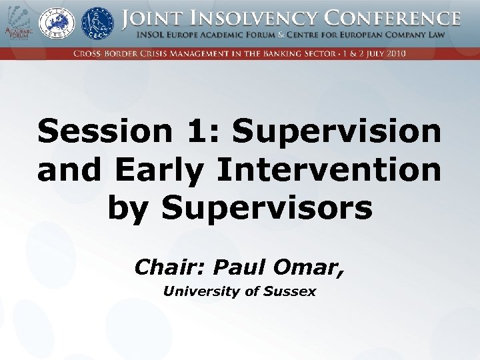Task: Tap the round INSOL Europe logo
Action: tap(57, 24)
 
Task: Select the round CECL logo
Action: tap(97, 23)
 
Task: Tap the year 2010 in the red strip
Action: tap(392, 53)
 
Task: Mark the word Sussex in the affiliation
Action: tap(289, 291)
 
